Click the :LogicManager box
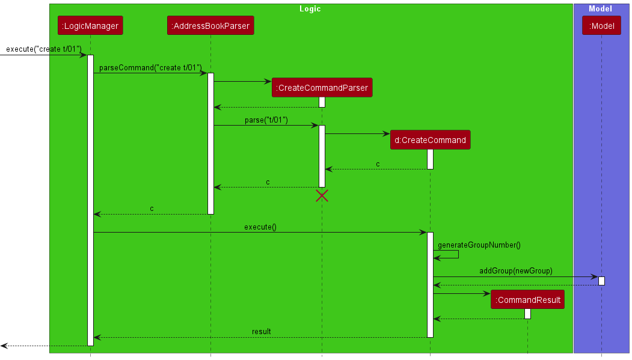tap(90, 25)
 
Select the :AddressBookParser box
tap(210, 25)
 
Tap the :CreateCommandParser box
tap(321, 88)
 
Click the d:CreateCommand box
tap(430, 140)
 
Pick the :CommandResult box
tap(527, 300)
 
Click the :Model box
tap(601, 25)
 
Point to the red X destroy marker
tap(322, 195)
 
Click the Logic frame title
tap(310, 9)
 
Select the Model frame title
tap(600, 9)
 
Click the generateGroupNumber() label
tap(479, 245)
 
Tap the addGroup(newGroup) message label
tap(515, 271)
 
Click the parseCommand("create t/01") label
tap(150, 68)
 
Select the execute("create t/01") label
tap(43, 49)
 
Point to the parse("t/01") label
tap(266, 120)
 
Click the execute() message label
tap(260, 227)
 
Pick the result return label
tap(261, 332)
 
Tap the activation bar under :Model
tap(601, 281)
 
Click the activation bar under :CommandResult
tap(527, 314)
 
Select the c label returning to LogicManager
tap(152, 209)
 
